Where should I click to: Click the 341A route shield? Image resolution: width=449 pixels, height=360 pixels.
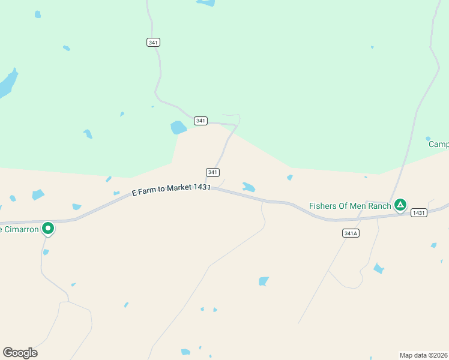[x=351, y=233]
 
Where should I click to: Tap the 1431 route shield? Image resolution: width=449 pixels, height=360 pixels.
[x=419, y=212]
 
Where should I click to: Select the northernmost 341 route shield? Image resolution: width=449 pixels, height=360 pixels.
[x=153, y=42]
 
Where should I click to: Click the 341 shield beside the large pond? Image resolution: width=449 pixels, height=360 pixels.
[x=200, y=121]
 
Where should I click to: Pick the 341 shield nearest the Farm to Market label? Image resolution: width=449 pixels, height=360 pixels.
[x=212, y=172]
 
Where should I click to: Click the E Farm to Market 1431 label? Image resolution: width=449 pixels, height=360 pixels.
[x=171, y=189]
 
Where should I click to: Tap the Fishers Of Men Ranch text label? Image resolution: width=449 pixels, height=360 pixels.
[x=350, y=206]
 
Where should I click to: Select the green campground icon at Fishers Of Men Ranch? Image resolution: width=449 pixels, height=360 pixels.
[x=400, y=205]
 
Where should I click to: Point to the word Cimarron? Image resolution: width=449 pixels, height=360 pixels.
[x=22, y=229]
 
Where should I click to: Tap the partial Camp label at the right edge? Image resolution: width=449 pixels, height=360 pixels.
[x=438, y=144]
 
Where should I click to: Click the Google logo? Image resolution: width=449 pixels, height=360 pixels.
[x=20, y=353]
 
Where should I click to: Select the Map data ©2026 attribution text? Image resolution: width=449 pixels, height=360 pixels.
[x=423, y=355]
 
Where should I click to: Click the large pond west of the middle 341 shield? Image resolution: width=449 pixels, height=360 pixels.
[x=178, y=127]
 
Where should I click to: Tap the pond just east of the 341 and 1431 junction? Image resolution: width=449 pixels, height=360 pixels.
[x=248, y=187]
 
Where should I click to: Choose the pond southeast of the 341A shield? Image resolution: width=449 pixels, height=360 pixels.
[x=378, y=268]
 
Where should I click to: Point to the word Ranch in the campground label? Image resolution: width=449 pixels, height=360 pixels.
[x=380, y=206]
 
